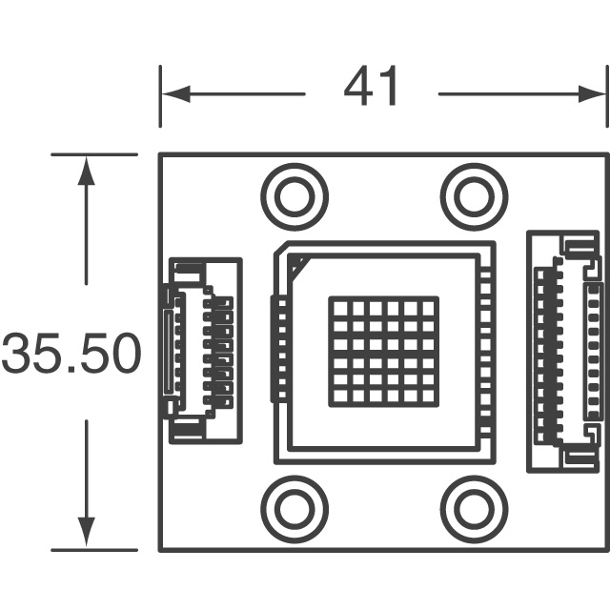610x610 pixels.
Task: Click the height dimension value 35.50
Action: pos(71,354)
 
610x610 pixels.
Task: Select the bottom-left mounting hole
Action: pos(295,509)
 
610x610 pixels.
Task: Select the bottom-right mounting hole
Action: pos(473,509)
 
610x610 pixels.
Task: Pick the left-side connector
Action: pos(202,351)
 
